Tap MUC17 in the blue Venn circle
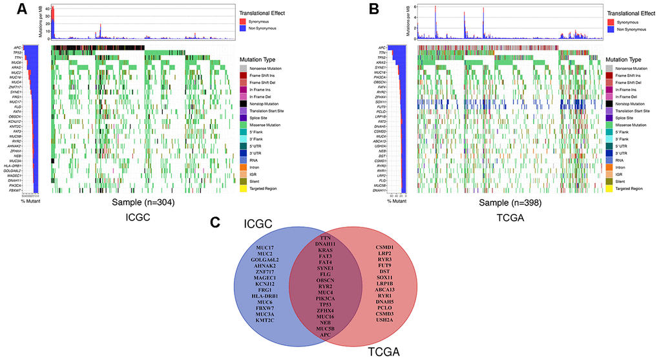(266, 248)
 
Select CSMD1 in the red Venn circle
(390, 247)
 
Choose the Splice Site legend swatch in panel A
(243, 118)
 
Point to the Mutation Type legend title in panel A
(259, 59)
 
